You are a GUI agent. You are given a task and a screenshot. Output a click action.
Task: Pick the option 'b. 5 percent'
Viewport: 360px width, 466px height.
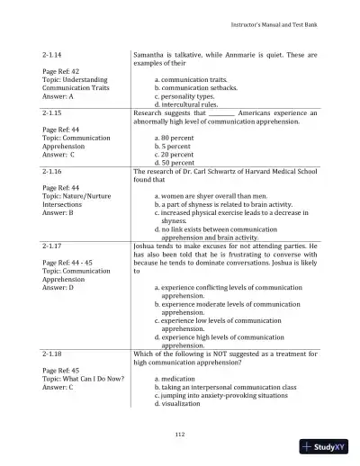tap(173, 147)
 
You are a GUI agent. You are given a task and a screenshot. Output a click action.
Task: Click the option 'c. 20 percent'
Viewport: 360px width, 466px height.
tap(175, 155)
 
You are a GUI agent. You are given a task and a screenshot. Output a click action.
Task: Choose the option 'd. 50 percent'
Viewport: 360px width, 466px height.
tap(175, 163)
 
